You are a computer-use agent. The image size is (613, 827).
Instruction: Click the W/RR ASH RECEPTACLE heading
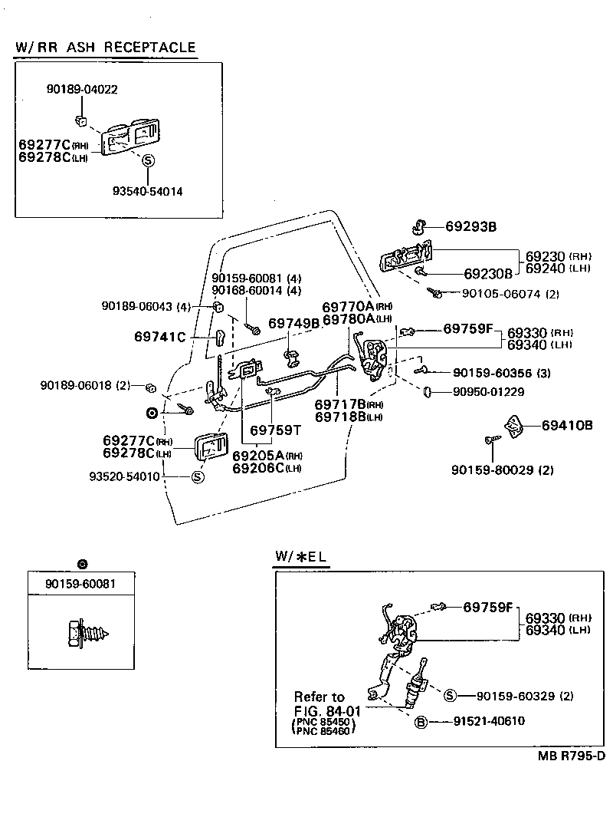105,47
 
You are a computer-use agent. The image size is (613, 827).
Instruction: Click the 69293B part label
472,226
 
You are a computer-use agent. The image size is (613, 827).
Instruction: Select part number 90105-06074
502,293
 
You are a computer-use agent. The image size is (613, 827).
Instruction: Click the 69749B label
293,323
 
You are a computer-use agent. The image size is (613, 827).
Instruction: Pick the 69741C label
159,336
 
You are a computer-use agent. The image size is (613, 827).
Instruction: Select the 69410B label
567,425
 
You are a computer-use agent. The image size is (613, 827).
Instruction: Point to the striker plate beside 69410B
512,424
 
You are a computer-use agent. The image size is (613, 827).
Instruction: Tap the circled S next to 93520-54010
196,476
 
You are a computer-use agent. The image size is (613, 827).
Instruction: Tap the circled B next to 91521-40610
421,721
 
